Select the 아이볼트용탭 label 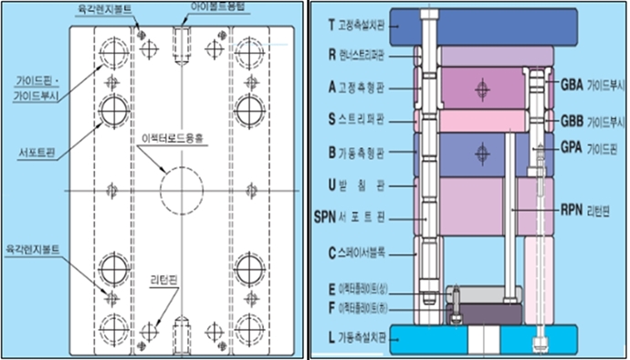(x=216, y=6)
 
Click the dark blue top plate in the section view (x=475, y=26)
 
